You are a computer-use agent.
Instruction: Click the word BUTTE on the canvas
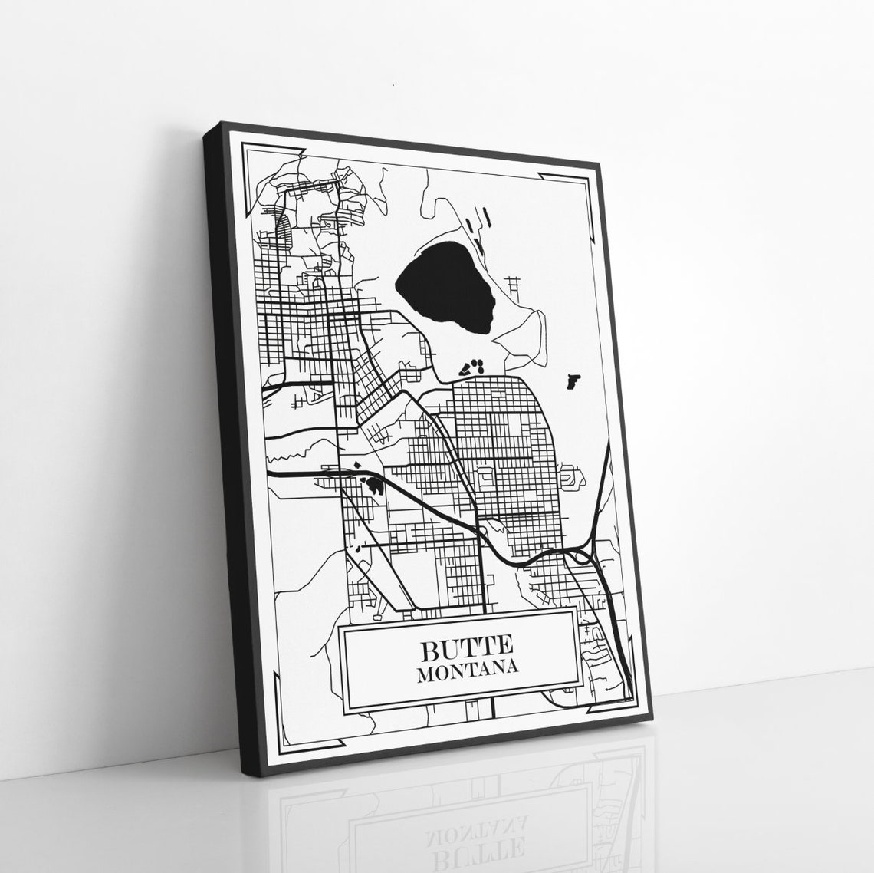click(x=458, y=650)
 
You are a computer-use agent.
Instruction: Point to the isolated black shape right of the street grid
click(x=572, y=379)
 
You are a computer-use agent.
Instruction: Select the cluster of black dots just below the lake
click(x=472, y=366)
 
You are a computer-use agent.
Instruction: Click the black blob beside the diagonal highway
click(x=375, y=484)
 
